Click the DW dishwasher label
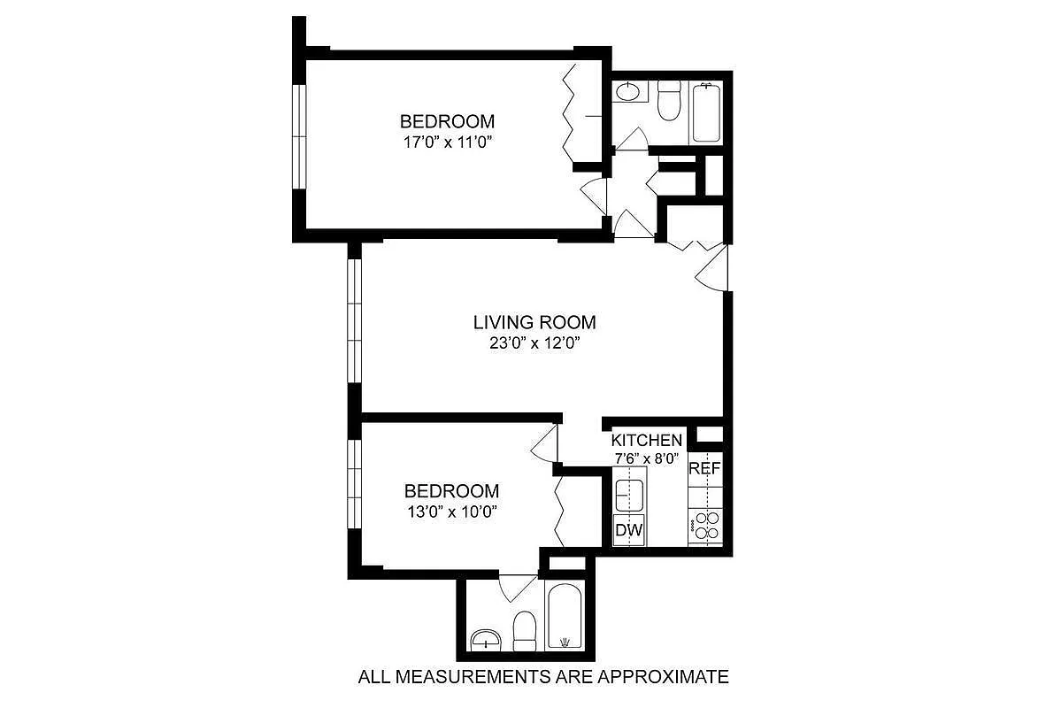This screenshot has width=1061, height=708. pyautogui.click(x=629, y=530)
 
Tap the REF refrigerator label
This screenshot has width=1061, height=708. pyautogui.click(x=705, y=468)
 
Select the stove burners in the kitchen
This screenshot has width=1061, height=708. pyautogui.click(x=706, y=526)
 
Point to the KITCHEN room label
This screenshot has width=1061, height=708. pyautogui.click(x=647, y=440)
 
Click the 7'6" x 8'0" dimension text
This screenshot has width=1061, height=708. pyautogui.click(x=646, y=458)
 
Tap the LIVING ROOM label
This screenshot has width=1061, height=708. pyautogui.click(x=534, y=322)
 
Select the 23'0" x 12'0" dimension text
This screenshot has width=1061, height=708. pyautogui.click(x=536, y=343)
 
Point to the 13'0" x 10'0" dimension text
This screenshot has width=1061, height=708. pyautogui.click(x=451, y=512)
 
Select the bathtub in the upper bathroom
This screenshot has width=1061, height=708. pyautogui.click(x=707, y=112)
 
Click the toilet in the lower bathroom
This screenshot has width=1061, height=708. pyautogui.click(x=525, y=630)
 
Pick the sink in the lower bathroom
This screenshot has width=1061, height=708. pyautogui.click(x=485, y=639)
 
